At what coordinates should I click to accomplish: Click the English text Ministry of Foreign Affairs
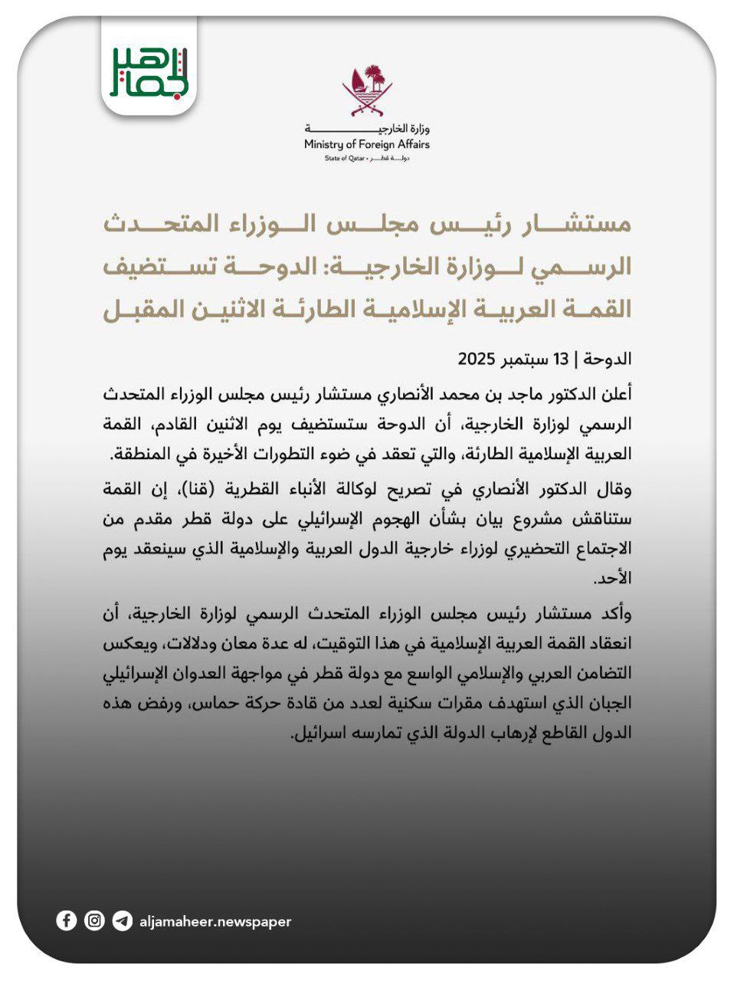coord(367,144)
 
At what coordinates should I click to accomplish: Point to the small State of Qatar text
coord(346,158)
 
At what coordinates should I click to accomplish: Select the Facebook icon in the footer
coord(67,920)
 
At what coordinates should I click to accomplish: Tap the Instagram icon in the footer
coord(94,920)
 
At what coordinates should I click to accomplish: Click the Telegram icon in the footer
coord(122,920)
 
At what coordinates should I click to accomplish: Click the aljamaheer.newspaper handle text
coord(215,921)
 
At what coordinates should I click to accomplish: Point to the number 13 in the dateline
coord(561,359)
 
